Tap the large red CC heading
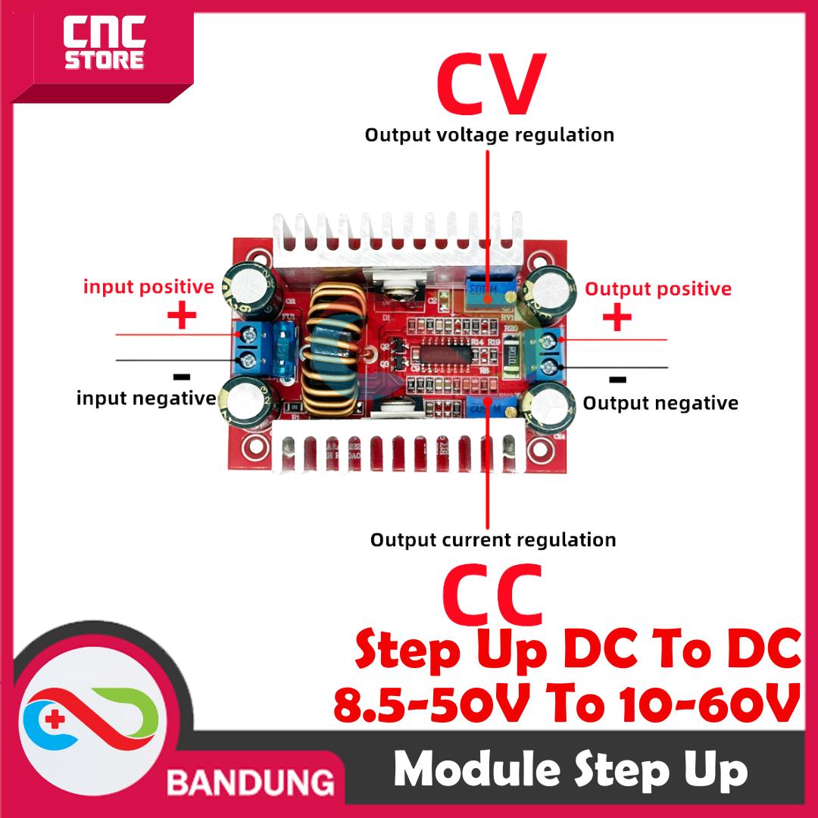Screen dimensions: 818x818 [492, 595]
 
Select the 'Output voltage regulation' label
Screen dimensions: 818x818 [489, 136]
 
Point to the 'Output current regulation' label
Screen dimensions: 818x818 [493, 540]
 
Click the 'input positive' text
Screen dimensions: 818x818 [148, 287]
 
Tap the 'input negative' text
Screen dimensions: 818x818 [145, 398]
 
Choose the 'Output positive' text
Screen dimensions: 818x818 [658, 289]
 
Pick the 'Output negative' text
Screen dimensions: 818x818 [660, 403]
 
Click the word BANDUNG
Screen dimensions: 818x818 [251, 781]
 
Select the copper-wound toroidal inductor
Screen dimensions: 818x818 [329, 351]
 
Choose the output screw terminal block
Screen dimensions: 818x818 [549, 353]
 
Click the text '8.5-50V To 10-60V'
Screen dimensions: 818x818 [567, 704]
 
